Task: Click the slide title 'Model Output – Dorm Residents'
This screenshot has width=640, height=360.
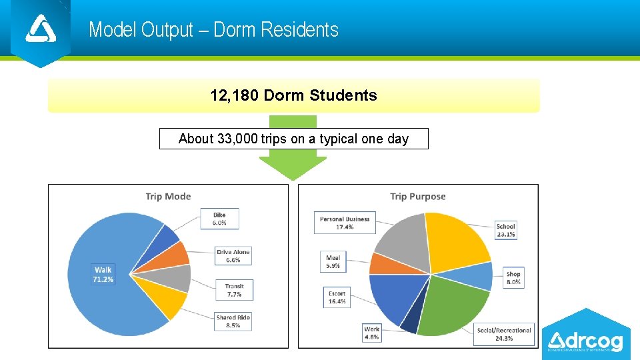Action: pos(213,30)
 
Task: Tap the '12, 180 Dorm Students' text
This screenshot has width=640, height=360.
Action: pos(293,95)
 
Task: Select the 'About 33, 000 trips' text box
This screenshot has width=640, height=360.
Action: pos(293,139)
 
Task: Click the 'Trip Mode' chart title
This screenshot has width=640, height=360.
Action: pos(168,196)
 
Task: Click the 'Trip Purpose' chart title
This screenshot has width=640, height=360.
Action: pos(417,196)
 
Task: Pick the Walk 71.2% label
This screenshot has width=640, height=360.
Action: pos(103,275)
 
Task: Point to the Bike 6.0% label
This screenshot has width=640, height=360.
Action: pos(219,219)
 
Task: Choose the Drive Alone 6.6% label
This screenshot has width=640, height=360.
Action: pos(233,256)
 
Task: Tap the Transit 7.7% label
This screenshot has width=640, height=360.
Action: pos(234,290)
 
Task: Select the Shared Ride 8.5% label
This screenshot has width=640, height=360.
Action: pos(233,321)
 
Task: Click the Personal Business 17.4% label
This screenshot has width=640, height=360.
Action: pos(345,223)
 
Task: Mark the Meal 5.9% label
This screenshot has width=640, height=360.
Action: pos(333,261)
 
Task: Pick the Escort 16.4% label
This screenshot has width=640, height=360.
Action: pos(337,297)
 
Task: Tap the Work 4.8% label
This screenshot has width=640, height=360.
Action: pos(371,333)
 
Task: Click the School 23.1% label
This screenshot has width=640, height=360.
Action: pos(506,231)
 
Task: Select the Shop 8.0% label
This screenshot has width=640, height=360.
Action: pos(513,278)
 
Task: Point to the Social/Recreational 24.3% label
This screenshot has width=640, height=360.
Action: pos(504,334)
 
